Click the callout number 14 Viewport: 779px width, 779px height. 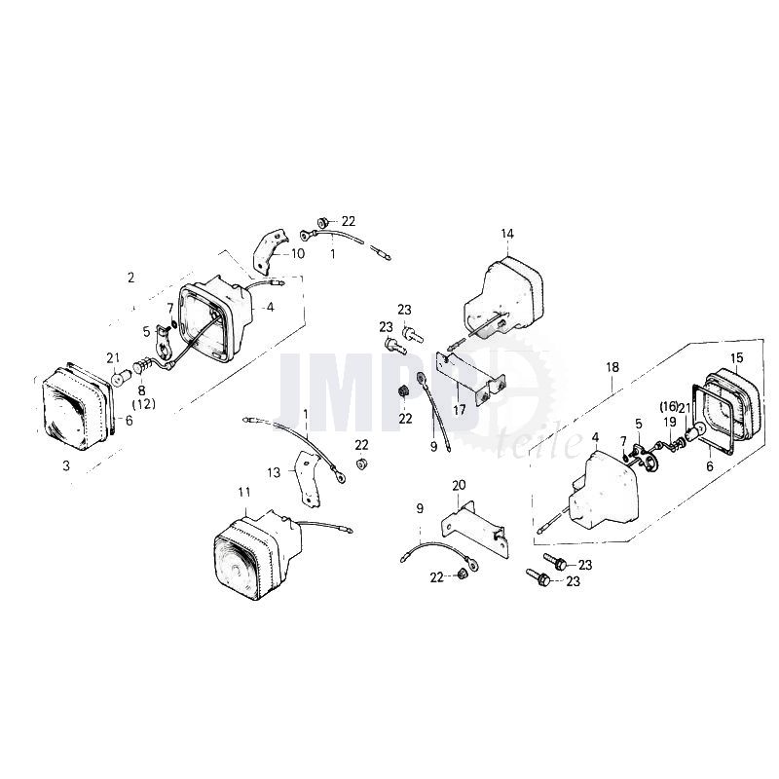coord(507,234)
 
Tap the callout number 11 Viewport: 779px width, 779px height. coord(244,492)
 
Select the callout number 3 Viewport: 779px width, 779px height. coord(66,466)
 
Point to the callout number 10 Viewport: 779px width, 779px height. coord(298,253)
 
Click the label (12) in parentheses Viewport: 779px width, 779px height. coord(143,404)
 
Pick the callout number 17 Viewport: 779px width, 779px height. coord(460,410)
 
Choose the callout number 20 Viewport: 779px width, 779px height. coord(459,484)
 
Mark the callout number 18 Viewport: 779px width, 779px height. coord(612,367)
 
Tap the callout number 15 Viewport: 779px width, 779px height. coord(737,357)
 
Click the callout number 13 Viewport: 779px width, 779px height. coord(274,472)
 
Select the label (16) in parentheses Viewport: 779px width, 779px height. coord(669,406)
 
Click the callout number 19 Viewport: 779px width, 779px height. coord(670,423)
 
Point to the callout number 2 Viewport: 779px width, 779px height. coord(130,278)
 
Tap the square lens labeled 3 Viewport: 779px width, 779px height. coord(76,408)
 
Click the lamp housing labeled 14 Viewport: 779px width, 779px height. coord(503,297)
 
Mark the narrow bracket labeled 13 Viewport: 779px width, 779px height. coord(308,478)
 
